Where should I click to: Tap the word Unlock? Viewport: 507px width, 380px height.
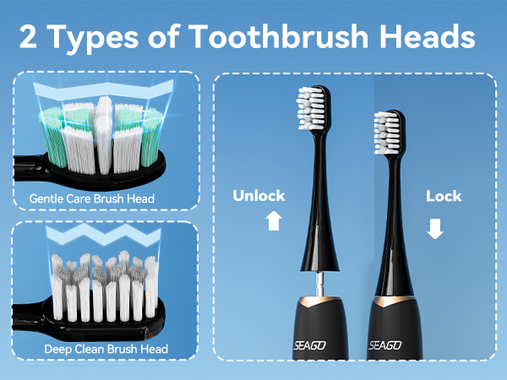259,196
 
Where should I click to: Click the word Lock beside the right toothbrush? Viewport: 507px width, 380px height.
444,196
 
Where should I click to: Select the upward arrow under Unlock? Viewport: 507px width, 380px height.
272,221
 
